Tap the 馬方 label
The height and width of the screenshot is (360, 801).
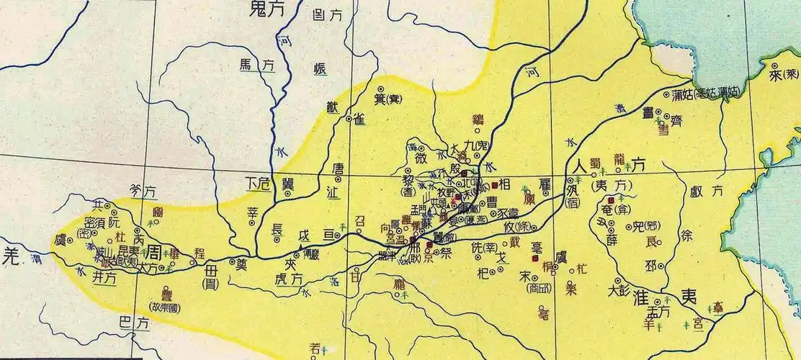pyautogui.click(x=256, y=65)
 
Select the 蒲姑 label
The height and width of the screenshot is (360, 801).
pyautogui.click(x=681, y=94)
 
